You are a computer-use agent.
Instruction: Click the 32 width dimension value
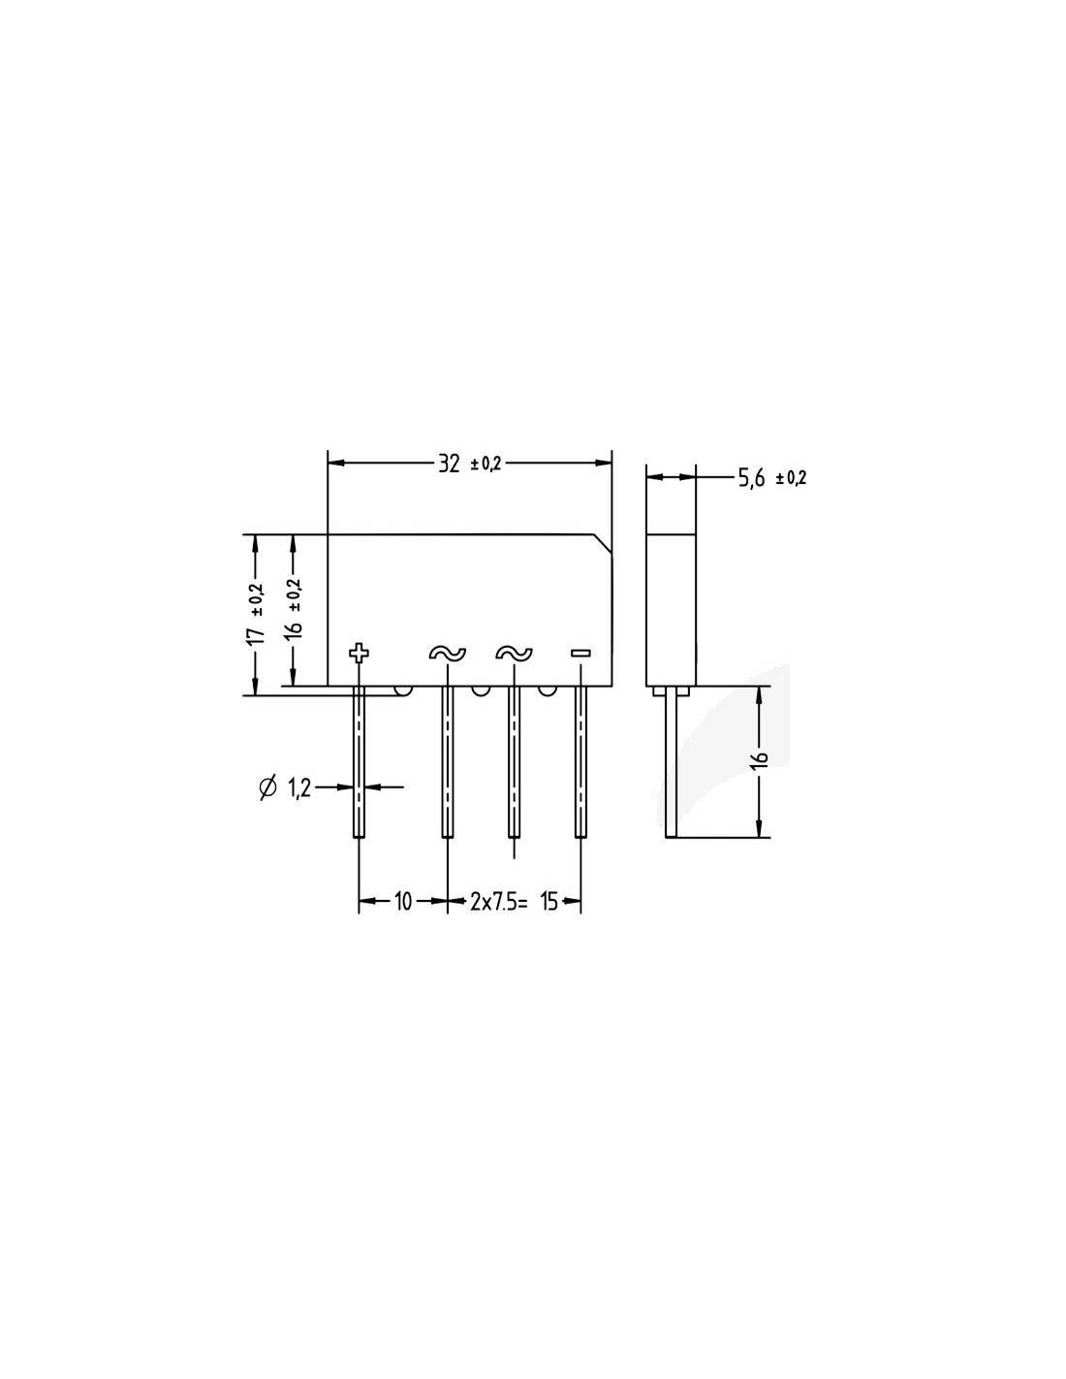pyautogui.click(x=449, y=464)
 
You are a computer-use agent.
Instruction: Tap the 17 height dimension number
pyautogui.click(x=256, y=636)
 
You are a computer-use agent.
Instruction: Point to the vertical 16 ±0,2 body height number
pyautogui.click(x=295, y=628)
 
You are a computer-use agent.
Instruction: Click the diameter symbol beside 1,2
pyautogui.click(x=268, y=787)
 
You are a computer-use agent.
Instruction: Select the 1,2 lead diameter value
pyautogui.click(x=300, y=788)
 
